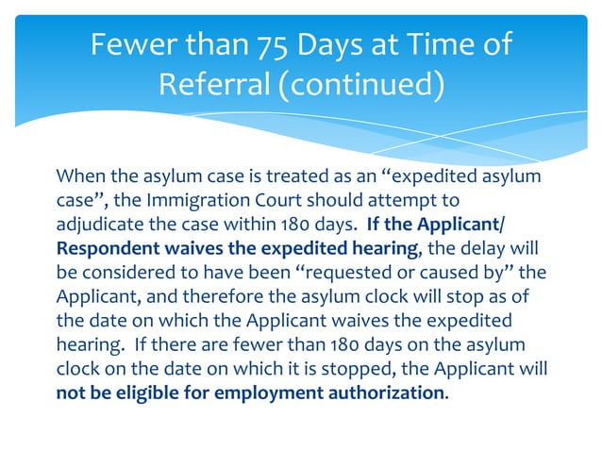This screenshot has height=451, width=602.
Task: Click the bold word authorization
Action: pos(385,392)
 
